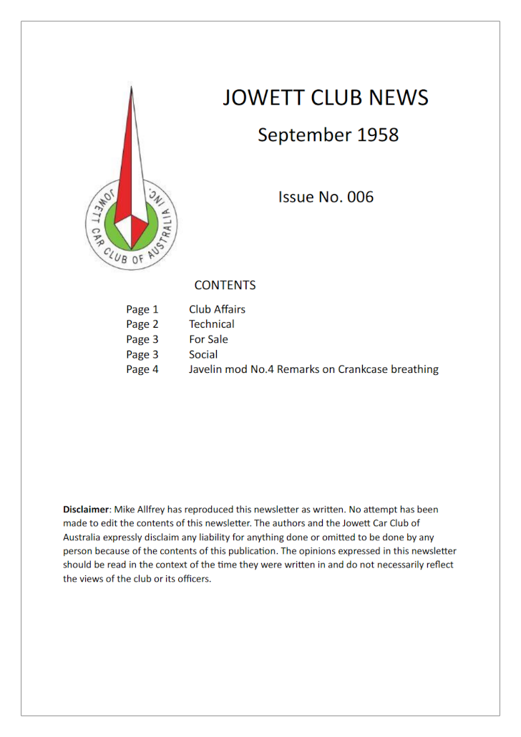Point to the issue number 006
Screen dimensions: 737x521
click(360, 197)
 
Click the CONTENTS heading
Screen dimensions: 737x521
click(225, 285)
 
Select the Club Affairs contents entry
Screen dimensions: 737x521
click(217, 309)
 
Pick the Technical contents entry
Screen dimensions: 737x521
click(211, 324)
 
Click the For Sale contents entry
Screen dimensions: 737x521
click(208, 339)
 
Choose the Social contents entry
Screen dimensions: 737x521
click(203, 354)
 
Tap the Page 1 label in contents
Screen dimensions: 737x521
click(142, 310)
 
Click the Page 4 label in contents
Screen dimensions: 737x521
click(142, 370)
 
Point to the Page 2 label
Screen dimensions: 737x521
click(142, 325)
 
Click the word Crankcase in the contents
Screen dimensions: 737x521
click(361, 370)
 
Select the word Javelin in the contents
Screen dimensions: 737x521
click(208, 370)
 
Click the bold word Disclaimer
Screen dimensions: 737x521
click(85, 509)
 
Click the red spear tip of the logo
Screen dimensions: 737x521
click(132, 107)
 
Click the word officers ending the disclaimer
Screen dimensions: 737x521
click(193, 579)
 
